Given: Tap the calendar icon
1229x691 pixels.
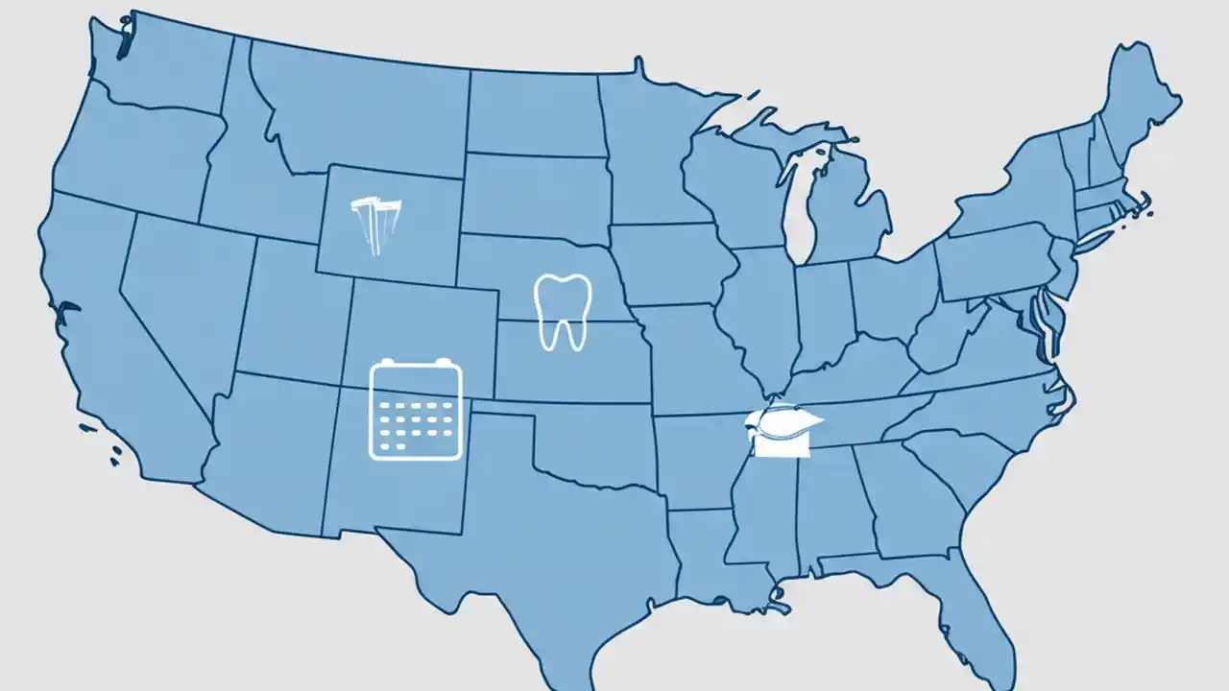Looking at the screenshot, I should [416, 410].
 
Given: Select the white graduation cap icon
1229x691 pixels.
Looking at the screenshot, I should [783, 433].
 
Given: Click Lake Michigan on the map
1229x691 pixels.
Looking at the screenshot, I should [796, 206].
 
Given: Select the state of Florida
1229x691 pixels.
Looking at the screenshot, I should [970, 614].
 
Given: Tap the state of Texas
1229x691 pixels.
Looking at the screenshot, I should [538, 537].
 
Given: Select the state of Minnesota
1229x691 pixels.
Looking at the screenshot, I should [653, 154].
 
